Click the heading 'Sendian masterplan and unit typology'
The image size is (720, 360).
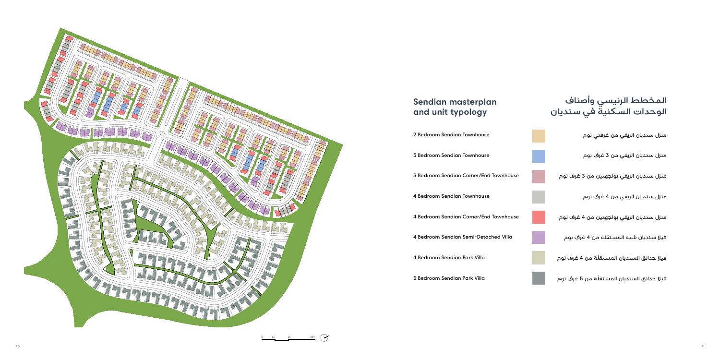tap(455, 107)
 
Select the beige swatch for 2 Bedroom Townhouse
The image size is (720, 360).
tap(539, 136)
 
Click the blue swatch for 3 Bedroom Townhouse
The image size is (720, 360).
tap(539, 156)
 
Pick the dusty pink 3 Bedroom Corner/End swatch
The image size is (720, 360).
tap(539, 176)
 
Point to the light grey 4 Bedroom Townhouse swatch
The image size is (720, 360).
tap(539, 197)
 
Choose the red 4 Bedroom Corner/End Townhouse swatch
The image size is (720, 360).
tap(539, 217)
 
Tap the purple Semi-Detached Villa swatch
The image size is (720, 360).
tap(539, 237)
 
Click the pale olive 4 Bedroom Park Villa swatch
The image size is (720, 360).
tap(539, 258)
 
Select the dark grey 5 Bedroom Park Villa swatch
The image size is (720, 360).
tap(539, 278)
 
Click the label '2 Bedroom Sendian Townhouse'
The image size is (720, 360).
tap(451, 135)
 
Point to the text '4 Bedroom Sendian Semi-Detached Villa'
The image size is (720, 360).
tap(462, 237)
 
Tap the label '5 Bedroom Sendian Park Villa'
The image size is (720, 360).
tap(449, 278)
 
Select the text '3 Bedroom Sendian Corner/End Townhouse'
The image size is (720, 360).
tap(466, 176)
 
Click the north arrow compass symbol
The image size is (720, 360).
tap(325, 338)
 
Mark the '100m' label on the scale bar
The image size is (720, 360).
tap(312, 337)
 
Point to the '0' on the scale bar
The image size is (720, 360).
tap(262, 337)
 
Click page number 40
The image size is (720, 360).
tap(17, 346)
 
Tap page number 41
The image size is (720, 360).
tap(702, 346)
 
